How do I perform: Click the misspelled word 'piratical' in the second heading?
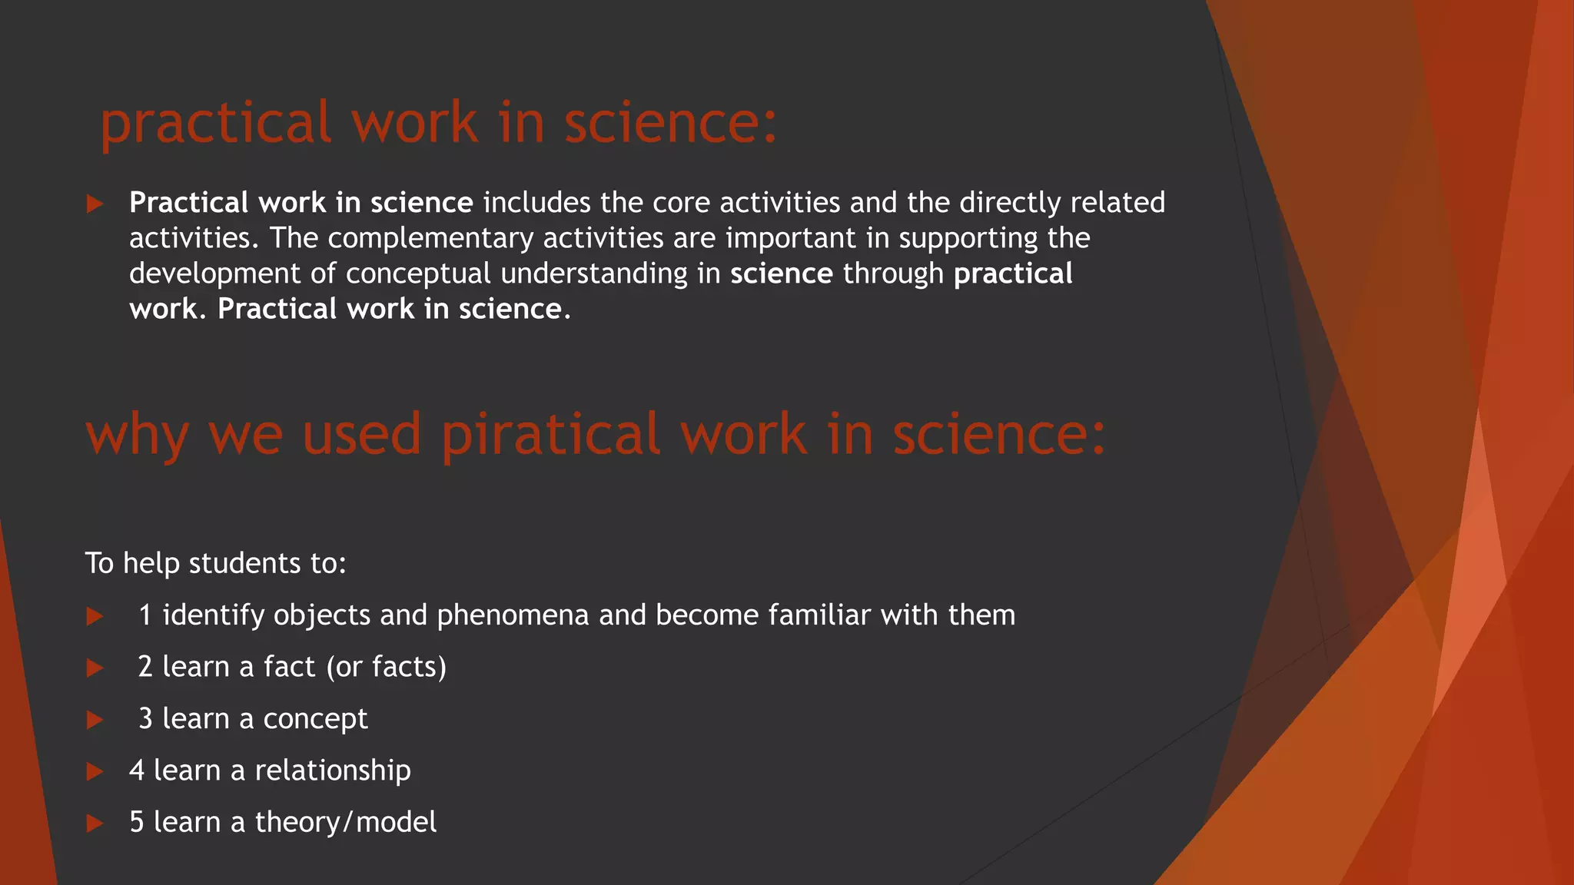pos(550,435)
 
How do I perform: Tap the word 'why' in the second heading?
pos(137,435)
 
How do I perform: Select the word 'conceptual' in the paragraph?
pos(418,274)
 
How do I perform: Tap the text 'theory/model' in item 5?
pos(346,822)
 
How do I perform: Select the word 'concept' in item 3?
pos(315,719)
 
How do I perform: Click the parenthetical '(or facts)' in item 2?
pos(387,667)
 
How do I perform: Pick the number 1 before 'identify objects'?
pos(145,615)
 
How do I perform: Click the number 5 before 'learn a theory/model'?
pos(137,822)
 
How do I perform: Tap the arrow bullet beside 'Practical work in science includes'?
pos(95,204)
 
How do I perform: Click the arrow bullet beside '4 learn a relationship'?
pos(95,771)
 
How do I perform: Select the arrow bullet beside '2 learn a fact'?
pos(95,668)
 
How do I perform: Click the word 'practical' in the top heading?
pos(216,123)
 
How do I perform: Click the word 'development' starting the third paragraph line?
pos(215,274)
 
